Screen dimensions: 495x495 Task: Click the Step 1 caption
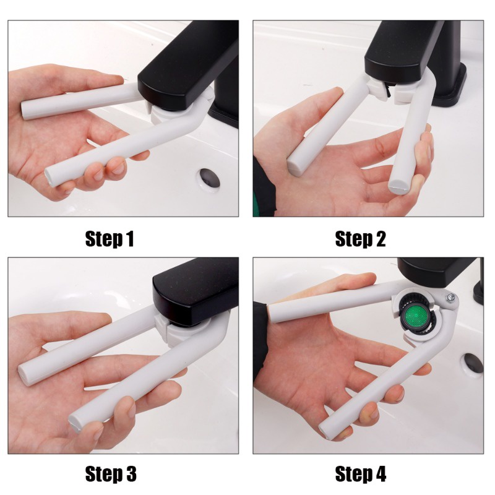click(110, 239)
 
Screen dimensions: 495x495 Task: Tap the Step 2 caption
click(360, 239)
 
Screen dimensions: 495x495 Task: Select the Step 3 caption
click(111, 474)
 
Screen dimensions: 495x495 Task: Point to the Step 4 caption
click(361, 474)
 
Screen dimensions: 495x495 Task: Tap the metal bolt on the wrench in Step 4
click(450, 298)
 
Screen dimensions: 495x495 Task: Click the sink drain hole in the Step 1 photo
click(209, 178)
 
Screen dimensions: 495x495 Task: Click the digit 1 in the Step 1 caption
click(130, 239)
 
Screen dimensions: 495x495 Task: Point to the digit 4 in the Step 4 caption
click(381, 474)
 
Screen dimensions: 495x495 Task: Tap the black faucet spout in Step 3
click(194, 292)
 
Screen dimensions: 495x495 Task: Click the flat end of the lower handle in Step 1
click(49, 178)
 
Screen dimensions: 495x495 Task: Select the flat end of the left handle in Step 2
click(295, 167)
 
